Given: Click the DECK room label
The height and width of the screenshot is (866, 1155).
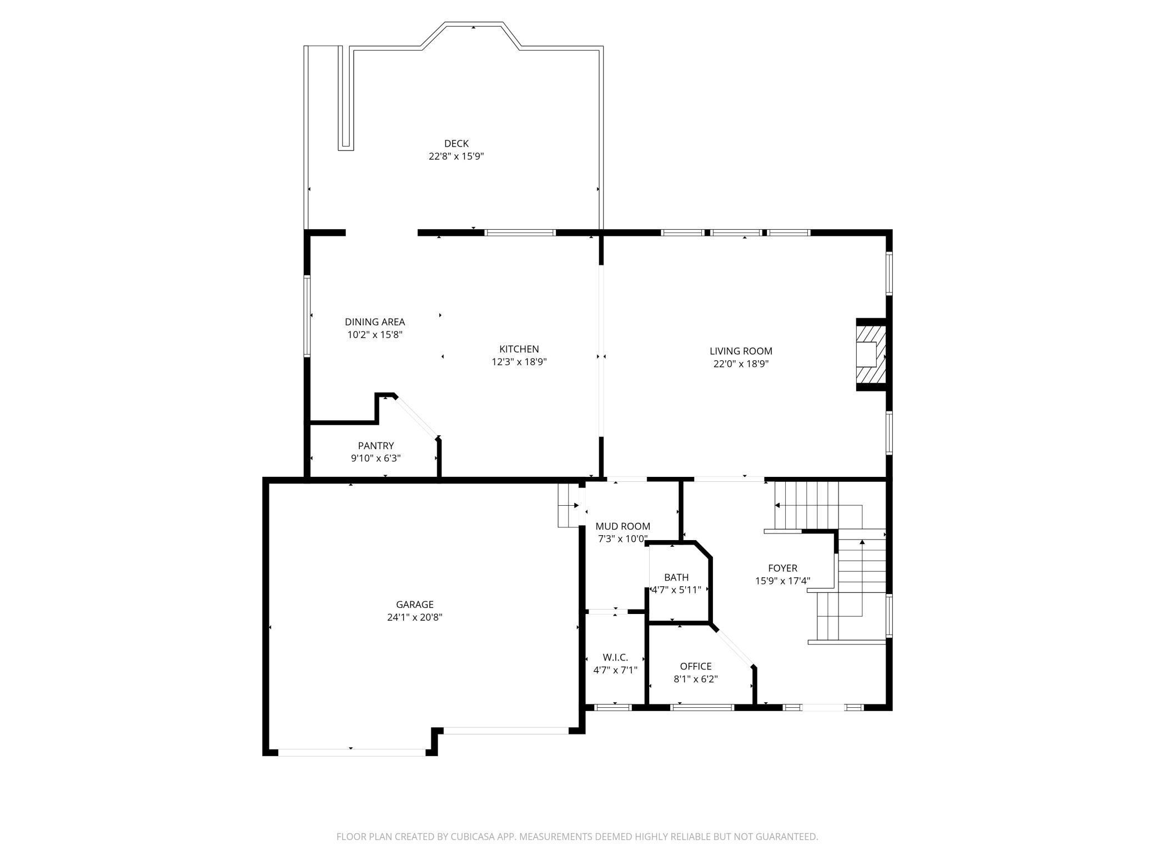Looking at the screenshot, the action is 456,143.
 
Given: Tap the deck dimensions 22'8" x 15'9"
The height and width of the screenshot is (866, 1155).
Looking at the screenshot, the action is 456,157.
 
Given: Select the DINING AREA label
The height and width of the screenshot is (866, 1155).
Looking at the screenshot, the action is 375,322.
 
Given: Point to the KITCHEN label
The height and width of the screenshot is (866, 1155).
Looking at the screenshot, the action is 519,349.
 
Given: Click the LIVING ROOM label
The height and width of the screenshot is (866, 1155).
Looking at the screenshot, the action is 741,351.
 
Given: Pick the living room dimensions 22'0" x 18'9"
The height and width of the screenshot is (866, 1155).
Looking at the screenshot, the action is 741,364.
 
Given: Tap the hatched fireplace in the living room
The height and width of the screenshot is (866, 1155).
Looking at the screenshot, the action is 870,354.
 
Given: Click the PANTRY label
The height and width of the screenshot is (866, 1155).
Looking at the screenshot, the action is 376,446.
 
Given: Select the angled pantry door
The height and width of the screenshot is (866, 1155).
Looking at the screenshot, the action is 417,416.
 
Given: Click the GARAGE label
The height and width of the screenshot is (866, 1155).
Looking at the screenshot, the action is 415,605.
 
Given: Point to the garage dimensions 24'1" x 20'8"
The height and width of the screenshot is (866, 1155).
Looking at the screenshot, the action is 415,617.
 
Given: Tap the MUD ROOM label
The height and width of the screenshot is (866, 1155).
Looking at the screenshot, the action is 622,526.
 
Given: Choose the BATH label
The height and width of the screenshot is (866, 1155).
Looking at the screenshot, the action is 676,577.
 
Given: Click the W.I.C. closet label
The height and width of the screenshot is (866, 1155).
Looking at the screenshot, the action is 615,657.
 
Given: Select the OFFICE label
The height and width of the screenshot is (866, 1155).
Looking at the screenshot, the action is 696,666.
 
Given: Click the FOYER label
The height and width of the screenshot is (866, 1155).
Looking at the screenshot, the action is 782,568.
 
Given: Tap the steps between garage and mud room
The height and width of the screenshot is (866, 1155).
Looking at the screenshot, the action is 569,505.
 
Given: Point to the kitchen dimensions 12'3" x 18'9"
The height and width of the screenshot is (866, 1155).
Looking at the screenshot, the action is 519,362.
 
